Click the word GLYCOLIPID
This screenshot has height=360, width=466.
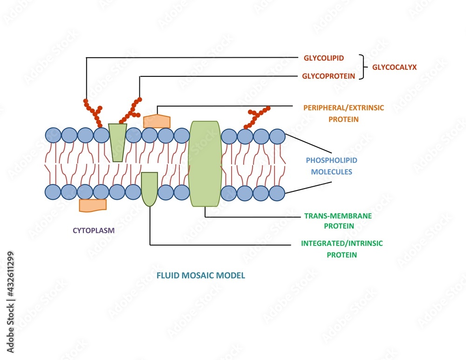tap(323, 58)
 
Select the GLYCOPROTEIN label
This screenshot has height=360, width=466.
tap(329, 76)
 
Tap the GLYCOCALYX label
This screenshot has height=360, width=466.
tap(394, 67)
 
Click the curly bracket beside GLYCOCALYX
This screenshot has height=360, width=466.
tap(362, 67)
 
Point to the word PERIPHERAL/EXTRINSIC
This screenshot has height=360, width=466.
tap(344, 108)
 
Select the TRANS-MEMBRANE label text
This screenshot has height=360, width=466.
tap(331, 216)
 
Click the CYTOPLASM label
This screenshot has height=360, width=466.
tap(93, 230)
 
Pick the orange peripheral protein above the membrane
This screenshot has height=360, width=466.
tap(157, 121)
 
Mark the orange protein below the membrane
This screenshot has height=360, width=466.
tap(93, 205)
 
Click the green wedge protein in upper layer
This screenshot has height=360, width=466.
tap(117, 142)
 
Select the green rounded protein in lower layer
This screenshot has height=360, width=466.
tap(149, 188)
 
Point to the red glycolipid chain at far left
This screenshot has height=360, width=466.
tap(93, 112)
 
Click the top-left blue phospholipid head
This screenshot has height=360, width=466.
tap(53, 136)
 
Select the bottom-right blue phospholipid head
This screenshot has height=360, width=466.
tap(277, 193)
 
